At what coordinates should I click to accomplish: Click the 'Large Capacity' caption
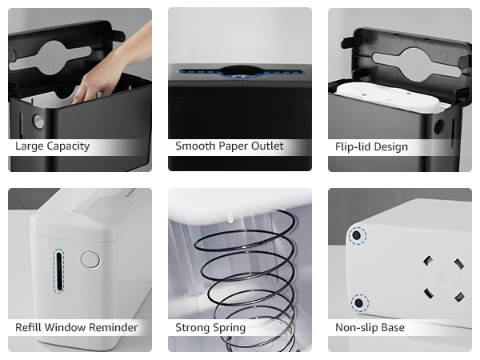point(52,146)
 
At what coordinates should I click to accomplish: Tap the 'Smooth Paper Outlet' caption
point(229,146)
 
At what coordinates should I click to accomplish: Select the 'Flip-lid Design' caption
point(371,146)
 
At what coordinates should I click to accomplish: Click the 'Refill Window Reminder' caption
point(76,327)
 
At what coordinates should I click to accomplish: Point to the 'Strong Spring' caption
point(210,327)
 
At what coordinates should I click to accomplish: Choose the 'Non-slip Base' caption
point(370,327)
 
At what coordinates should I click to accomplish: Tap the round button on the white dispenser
point(90,259)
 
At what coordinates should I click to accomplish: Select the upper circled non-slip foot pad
point(357,235)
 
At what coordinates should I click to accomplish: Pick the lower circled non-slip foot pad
point(361,302)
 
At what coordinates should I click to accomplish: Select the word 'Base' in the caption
point(391,327)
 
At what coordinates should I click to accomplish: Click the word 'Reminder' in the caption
point(112,327)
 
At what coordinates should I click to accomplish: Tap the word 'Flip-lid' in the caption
point(354,146)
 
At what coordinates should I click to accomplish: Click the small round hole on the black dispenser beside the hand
point(38,122)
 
